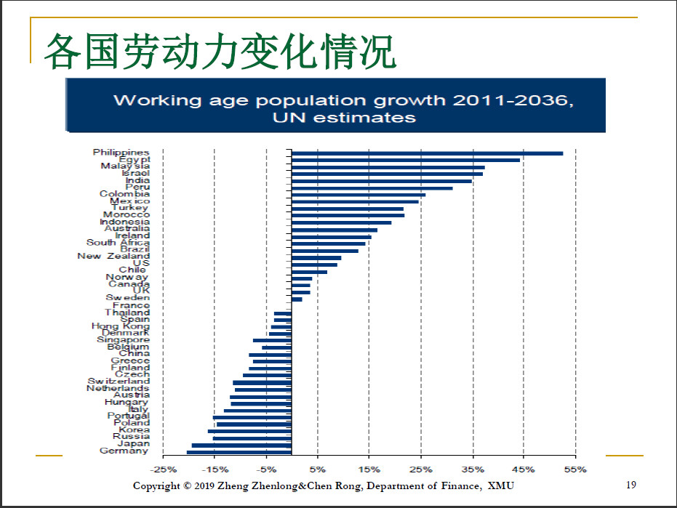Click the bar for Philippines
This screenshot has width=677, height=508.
(428, 153)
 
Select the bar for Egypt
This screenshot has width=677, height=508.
(406, 160)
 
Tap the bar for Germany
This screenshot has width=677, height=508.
(239, 452)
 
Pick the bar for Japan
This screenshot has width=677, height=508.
(241, 445)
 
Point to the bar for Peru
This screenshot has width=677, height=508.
(372, 188)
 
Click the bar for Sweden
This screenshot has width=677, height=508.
(297, 299)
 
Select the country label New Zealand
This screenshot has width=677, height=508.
(113, 256)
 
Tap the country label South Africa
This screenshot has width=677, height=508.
(118, 243)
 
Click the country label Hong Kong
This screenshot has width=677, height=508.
(121, 326)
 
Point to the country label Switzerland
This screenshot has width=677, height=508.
(119, 381)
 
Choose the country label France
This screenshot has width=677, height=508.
(132, 305)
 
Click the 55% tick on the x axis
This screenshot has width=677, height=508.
(575, 469)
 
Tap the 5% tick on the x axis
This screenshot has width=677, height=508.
(318, 469)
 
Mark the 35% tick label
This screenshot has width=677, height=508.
(472, 469)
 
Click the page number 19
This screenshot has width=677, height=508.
(631, 485)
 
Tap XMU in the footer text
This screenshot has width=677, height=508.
(500, 485)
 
